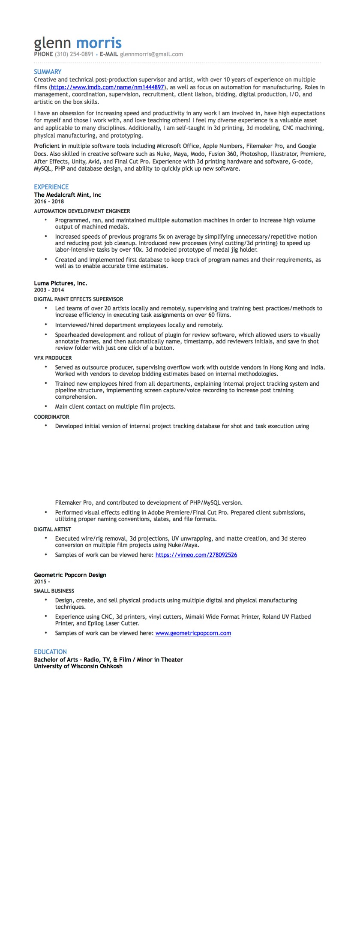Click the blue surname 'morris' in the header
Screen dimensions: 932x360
pyautogui.click(x=99, y=43)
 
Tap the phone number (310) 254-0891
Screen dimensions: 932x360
pyautogui.click(x=74, y=54)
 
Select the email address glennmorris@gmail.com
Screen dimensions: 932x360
pyautogui.click(x=151, y=54)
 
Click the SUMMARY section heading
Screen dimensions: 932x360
pyautogui.click(x=48, y=72)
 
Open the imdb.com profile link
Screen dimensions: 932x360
pyautogui.click(x=107, y=87)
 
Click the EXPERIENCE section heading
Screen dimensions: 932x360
pyautogui.click(x=51, y=187)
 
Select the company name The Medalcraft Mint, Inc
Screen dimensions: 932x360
pyautogui.click(x=67, y=195)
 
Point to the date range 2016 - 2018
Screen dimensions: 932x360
pyautogui.click(x=49, y=201)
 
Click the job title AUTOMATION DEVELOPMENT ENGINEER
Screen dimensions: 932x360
pyautogui.click(x=82, y=211)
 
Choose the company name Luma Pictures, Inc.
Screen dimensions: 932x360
pyautogui.click(x=60, y=283)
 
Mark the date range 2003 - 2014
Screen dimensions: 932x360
pyautogui.click(x=49, y=290)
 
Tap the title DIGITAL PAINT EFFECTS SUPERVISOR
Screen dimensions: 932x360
pyautogui.click(x=78, y=299)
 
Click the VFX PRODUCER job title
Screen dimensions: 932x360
pyautogui.click(x=53, y=358)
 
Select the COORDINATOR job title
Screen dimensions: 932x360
pyautogui.click(x=51, y=417)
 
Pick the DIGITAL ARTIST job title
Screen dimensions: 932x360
pyautogui.click(x=52, y=529)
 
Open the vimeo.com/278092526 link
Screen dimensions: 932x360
pyautogui.click(x=196, y=555)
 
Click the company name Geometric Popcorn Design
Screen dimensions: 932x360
pyautogui.click(x=70, y=575)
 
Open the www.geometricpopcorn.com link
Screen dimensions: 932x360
pyautogui.click(x=193, y=633)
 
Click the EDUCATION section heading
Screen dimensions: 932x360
pyautogui.click(x=50, y=652)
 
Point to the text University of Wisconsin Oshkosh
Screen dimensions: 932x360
pyautogui.click(x=78, y=666)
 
